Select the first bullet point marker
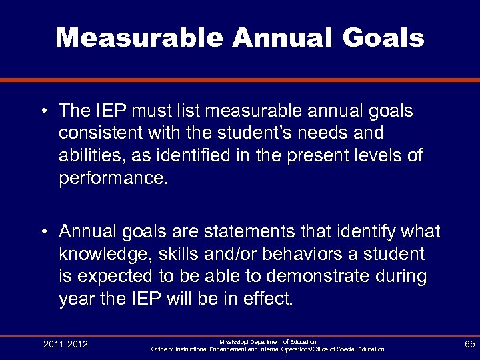[x=43, y=109]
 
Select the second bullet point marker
[x=43, y=231]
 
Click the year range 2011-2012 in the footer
[x=65, y=344]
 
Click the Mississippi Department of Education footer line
[x=267, y=341]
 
